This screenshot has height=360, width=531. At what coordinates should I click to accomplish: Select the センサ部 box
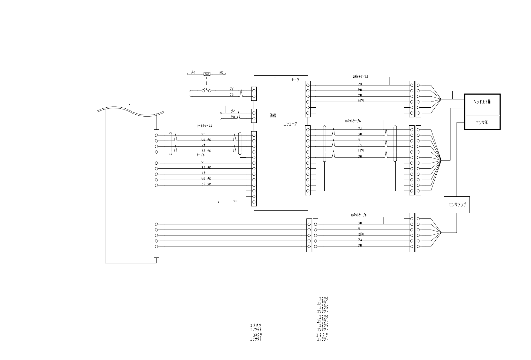[x=482, y=122]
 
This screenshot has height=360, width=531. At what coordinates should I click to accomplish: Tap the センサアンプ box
[x=457, y=205]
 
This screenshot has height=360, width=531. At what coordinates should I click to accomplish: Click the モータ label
[x=295, y=80]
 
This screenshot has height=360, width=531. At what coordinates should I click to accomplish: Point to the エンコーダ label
[x=288, y=124]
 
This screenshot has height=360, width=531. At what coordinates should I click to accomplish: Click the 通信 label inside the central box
[x=273, y=116]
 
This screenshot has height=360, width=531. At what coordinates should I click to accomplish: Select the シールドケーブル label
[x=205, y=126]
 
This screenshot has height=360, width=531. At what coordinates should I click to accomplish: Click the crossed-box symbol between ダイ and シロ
[x=207, y=74]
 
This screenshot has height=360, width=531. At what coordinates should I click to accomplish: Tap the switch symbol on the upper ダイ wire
[x=207, y=91]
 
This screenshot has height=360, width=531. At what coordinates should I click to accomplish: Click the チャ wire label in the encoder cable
[x=360, y=145]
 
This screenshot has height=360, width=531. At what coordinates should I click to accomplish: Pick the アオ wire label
[x=360, y=128]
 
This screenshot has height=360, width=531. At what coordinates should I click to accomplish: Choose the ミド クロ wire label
[x=206, y=184]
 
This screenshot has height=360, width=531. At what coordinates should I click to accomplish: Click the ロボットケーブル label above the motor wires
[x=360, y=77]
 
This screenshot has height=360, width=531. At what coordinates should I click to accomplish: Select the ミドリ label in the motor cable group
[x=361, y=101]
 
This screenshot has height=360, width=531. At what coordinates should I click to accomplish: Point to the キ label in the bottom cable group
[x=359, y=228]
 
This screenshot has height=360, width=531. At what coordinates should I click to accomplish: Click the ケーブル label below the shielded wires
[x=200, y=155]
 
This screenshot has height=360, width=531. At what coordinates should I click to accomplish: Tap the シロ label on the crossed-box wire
[x=221, y=72]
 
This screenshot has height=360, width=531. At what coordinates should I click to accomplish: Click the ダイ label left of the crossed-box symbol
[x=193, y=72]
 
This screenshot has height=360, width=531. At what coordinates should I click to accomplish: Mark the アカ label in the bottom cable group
[x=360, y=240]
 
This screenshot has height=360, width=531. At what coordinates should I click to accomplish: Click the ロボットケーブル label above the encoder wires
[x=353, y=121]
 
